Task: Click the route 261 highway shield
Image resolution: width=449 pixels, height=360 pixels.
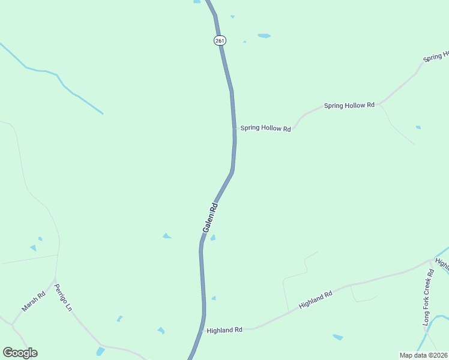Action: coord(220,40)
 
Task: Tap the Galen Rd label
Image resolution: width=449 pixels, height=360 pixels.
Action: coord(210,218)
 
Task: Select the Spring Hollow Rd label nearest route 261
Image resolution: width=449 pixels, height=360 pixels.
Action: coord(265,128)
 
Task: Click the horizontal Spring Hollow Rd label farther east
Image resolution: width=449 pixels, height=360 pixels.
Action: coord(349,106)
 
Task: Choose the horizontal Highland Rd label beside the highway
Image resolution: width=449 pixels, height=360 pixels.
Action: coord(224,330)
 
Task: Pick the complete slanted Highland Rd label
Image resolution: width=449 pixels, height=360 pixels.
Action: coord(315,299)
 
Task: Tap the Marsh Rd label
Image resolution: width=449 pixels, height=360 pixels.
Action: coord(34,301)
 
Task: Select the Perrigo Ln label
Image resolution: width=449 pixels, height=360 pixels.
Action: coord(63,297)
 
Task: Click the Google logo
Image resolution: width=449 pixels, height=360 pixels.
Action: coord(20,353)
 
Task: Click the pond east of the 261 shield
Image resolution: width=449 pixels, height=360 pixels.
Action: coord(264,36)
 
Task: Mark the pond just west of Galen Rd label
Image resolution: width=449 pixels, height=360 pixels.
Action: coord(167,236)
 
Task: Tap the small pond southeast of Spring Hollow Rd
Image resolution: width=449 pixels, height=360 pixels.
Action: coord(418,127)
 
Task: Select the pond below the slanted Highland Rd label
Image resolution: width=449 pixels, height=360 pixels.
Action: coord(338,337)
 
